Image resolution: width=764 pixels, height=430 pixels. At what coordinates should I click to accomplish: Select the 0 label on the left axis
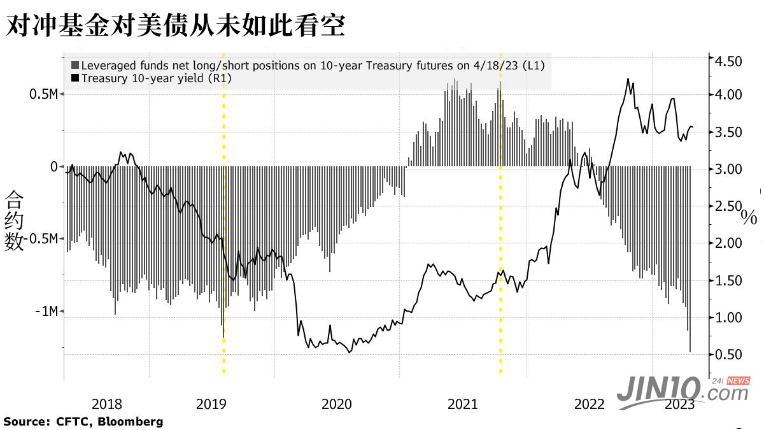[54, 166]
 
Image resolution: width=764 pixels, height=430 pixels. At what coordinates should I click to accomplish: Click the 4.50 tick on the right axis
[730, 62]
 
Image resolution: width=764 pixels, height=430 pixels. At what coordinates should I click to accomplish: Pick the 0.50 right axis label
[730, 354]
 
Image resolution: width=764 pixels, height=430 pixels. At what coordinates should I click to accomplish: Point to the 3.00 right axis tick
[730, 169]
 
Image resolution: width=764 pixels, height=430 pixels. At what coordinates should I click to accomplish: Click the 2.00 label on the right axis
[730, 243]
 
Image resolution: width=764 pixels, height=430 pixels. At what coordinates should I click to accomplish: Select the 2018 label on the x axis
[107, 404]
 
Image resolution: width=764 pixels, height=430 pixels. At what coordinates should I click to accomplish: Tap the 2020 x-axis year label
[336, 404]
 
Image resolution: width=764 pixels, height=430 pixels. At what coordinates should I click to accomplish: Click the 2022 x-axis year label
[590, 404]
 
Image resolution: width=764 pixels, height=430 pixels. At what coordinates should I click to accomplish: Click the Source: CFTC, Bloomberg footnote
[83, 422]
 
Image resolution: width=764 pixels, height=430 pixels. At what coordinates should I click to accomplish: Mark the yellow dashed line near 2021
[500, 223]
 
